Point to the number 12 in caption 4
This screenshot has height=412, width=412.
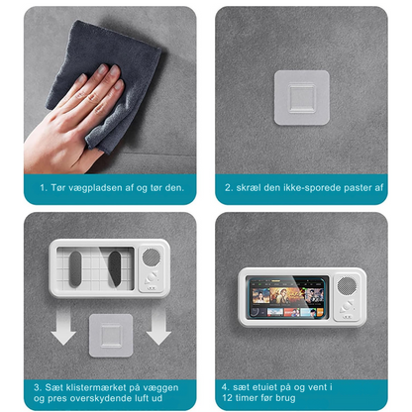pos(229,400)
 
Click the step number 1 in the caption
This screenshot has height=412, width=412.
pos(41,186)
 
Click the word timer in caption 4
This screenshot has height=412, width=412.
pos(252,400)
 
